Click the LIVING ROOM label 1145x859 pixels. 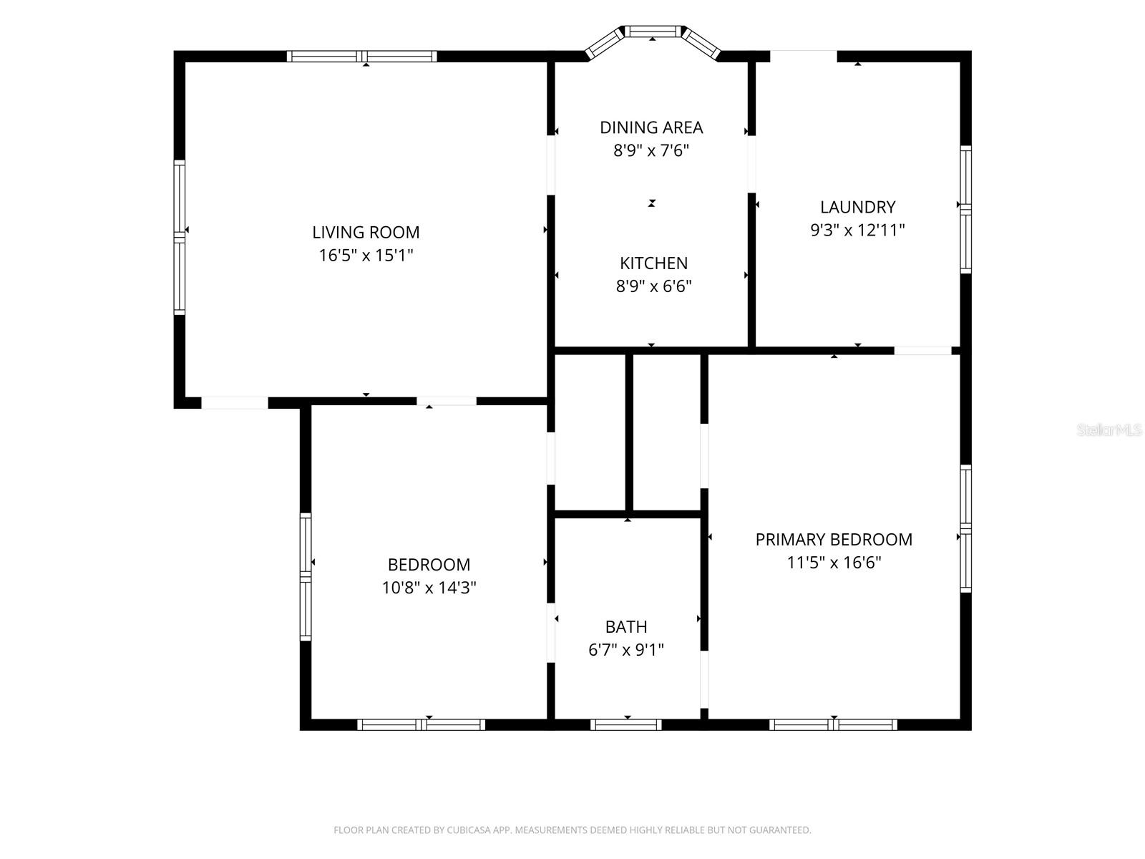(366, 232)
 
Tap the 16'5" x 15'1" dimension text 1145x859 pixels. (366, 255)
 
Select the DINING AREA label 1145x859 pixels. (651, 127)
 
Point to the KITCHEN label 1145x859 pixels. (653, 263)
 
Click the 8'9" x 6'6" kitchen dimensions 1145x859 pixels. (653, 286)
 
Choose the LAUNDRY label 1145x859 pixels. (857, 207)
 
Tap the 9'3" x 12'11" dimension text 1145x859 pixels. (857, 230)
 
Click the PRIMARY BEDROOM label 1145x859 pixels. (834, 539)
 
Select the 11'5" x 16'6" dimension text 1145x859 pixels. (834, 562)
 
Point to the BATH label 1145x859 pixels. (626, 626)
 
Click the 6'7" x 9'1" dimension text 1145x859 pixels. (626, 649)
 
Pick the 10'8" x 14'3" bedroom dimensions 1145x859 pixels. (429, 587)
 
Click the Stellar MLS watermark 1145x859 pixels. (1109, 429)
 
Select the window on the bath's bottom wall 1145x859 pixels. (626, 724)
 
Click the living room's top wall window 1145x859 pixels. (361, 57)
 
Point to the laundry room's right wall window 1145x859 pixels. (965, 209)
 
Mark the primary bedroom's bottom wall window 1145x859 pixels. (833, 724)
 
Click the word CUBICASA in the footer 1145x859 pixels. (466, 830)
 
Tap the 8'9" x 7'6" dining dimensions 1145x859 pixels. (651, 150)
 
